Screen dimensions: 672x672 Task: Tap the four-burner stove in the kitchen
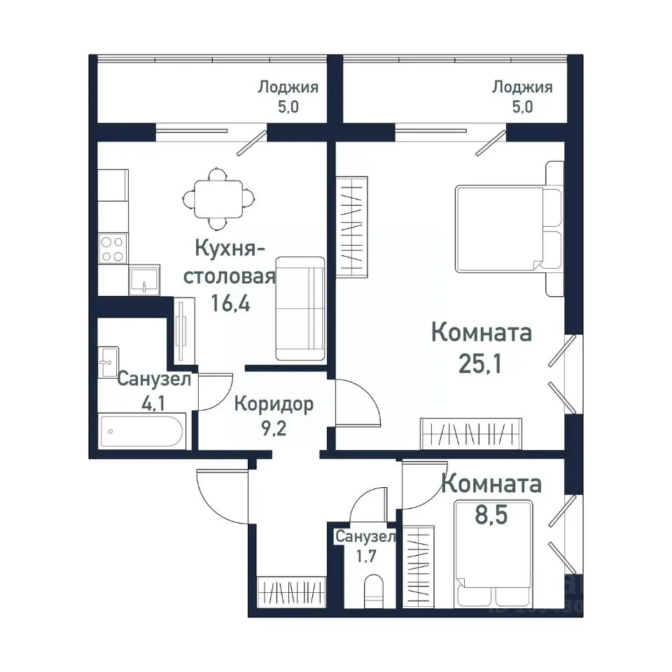[x=112, y=248]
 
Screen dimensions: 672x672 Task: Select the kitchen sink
[x=143, y=280]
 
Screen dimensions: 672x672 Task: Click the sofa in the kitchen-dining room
[x=300, y=308]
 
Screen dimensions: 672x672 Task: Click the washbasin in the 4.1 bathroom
[x=108, y=362]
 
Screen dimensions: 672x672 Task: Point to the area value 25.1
[x=482, y=363]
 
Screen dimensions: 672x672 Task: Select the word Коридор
[x=274, y=404]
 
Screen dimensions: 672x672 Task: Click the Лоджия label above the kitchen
[x=288, y=87]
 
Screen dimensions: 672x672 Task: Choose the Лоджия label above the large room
[x=522, y=87]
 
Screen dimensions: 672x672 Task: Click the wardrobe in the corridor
[x=292, y=590]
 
